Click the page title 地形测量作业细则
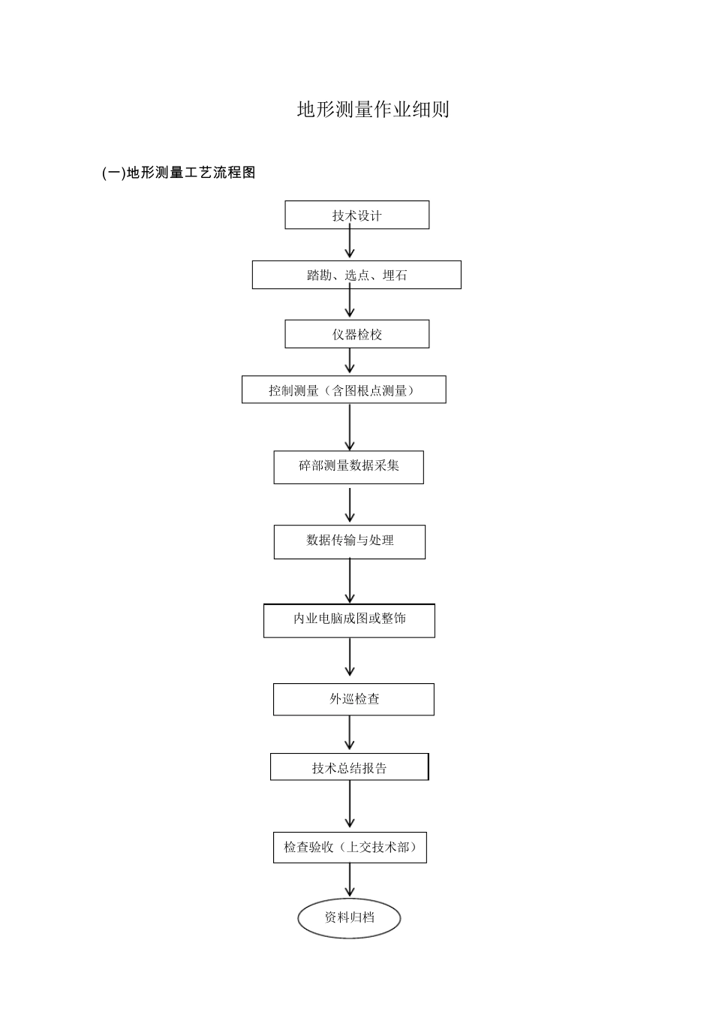373,110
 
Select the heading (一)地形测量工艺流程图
179,173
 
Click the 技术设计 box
356,215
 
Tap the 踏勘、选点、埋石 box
356,275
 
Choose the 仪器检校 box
356,334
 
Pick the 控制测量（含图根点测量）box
344,390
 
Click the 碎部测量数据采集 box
348,466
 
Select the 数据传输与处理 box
349,541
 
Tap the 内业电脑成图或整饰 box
349,620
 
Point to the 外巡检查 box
353,699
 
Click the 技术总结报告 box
349,767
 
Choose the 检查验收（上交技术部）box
350,847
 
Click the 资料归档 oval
349,917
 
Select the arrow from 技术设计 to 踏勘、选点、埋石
350,244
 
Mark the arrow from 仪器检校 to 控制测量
350,361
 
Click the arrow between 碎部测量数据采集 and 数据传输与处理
350,505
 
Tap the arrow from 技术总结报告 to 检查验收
350,805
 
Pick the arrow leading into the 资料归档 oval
350,880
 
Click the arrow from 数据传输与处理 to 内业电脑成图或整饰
350,580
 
